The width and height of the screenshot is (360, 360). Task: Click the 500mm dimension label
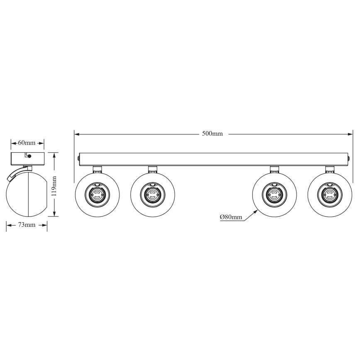(213, 134)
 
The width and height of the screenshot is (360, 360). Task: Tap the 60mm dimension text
(27, 143)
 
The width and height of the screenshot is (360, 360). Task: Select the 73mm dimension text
(27, 225)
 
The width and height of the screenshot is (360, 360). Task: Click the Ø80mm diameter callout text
(231, 216)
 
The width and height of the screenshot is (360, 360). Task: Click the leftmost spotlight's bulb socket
(97, 194)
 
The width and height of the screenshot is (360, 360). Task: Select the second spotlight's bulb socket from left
(152, 194)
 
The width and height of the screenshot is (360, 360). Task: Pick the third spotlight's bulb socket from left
(275, 194)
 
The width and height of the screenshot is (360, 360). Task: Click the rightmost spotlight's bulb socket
(330, 194)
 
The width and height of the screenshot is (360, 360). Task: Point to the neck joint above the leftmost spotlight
(97, 168)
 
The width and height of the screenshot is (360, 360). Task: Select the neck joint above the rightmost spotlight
(330, 168)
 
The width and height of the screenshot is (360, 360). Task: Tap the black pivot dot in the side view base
(29, 157)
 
